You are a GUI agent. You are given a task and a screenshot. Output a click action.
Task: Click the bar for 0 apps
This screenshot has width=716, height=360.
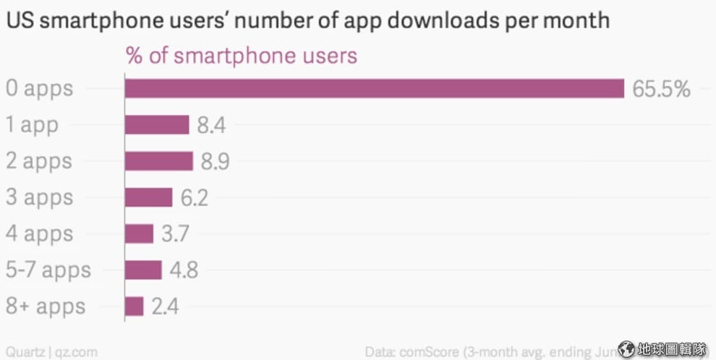click(374, 88)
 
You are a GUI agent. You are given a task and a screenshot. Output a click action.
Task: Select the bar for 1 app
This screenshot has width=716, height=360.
click(157, 125)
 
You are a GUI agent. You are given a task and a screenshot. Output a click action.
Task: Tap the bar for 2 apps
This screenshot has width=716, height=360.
click(158, 161)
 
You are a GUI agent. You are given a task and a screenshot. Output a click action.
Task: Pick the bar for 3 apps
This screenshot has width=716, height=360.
click(148, 197)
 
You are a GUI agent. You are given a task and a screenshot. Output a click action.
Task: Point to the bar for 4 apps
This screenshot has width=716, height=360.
click(139, 233)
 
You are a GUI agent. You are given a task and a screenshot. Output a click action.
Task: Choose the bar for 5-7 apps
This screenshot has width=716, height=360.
click(143, 270)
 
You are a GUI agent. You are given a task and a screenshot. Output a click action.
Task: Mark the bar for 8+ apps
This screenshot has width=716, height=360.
click(134, 306)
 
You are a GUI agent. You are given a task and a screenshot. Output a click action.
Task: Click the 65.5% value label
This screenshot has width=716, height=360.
click(661, 89)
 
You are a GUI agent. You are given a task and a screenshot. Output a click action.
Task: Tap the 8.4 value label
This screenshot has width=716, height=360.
click(211, 126)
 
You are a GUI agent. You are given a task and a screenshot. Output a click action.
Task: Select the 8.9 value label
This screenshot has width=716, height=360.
click(215, 162)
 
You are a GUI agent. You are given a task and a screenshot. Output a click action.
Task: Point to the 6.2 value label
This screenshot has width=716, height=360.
click(194, 198)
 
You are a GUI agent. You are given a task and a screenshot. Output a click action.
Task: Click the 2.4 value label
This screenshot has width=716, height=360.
click(165, 307)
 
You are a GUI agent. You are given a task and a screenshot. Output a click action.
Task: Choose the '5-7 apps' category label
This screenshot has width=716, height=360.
click(48, 270)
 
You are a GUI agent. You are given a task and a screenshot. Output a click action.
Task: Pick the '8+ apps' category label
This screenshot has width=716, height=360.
click(45, 307)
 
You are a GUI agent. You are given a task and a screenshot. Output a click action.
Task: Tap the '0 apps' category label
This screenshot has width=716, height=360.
click(39, 89)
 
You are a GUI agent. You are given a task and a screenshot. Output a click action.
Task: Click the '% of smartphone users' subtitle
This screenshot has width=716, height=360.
click(242, 56)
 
